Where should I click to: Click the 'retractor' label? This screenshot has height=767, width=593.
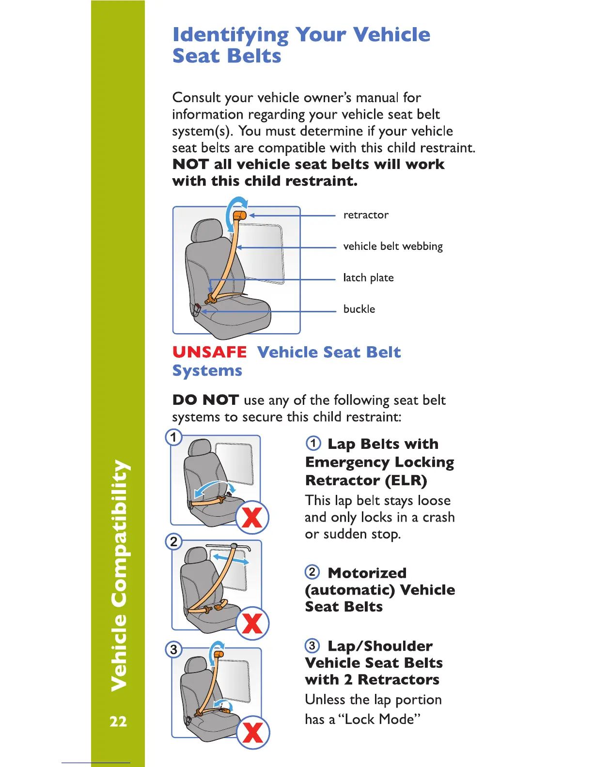point(366,215)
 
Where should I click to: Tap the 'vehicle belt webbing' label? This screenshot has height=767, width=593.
point(393,246)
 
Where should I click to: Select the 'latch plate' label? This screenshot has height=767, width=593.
point(368,278)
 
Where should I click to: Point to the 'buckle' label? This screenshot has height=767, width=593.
point(359,309)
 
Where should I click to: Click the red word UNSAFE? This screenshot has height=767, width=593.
point(209,352)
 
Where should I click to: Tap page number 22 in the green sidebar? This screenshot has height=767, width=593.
point(118,721)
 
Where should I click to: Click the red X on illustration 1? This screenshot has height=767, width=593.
point(252,518)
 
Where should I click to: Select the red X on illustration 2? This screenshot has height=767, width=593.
point(252,623)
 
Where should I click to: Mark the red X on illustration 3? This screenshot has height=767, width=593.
point(253,732)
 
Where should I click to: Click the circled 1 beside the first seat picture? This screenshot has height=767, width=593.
point(173,437)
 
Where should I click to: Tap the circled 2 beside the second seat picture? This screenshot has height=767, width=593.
point(173,541)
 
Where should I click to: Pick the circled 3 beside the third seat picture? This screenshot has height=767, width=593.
point(173,649)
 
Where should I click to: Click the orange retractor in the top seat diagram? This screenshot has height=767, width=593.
point(239,215)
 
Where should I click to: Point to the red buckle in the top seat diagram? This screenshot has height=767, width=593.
point(197,307)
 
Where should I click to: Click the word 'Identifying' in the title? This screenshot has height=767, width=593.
point(231,35)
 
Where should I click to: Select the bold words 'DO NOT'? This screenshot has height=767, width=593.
point(205,400)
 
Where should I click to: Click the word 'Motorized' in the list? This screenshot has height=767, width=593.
point(367,573)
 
